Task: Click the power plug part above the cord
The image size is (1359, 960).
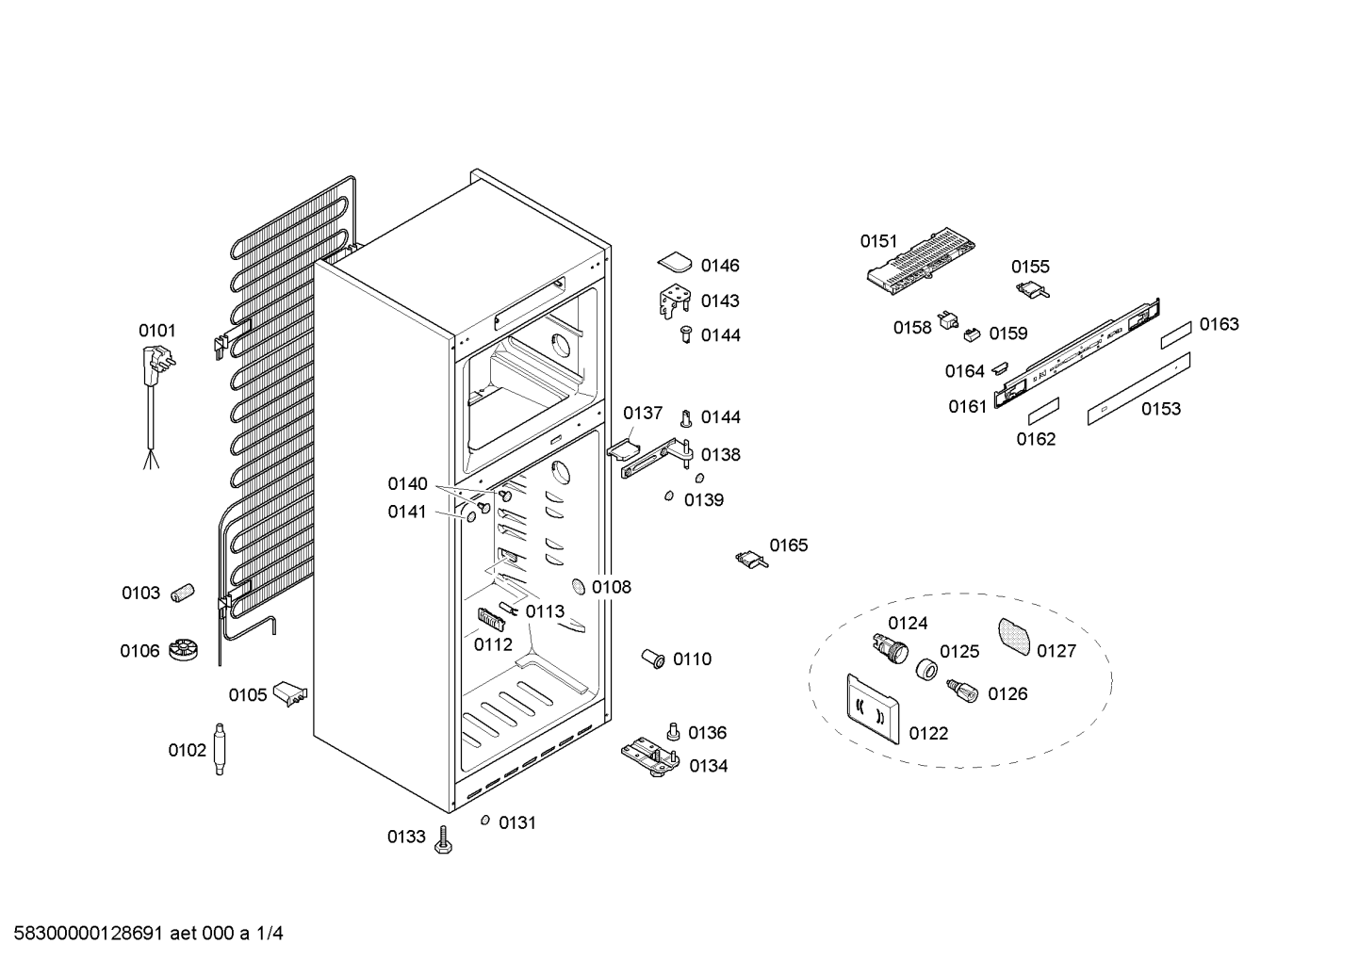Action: click(x=156, y=364)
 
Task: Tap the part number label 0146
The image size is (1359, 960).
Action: click(x=720, y=266)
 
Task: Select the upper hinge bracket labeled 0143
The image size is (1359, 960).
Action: click(x=675, y=301)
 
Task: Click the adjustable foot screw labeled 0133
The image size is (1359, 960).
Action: click(x=444, y=840)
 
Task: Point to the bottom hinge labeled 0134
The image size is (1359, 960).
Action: click(x=650, y=757)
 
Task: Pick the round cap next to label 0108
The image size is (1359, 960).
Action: click(x=578, y=586)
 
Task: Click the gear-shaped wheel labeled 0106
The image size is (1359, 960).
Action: click(x=183, y=650)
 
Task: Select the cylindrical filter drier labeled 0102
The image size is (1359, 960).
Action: click(x=219, y=749)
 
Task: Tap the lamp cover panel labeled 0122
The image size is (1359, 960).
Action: click(x=873, y=708)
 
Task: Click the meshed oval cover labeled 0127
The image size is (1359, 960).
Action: click(x=1014, y=637)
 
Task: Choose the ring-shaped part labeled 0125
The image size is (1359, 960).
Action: click(x=926, y=670)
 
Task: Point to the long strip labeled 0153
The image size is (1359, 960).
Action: click(x=1138, y=389)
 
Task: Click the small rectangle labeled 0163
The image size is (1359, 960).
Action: click(x=1176, y=336)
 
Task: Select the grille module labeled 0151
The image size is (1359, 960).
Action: click(x=921, y=261)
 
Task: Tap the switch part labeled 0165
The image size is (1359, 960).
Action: click(x=751, y=559)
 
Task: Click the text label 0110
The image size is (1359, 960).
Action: click(x=693, y=659)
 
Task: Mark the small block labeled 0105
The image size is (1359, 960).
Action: click(x=290, y=693)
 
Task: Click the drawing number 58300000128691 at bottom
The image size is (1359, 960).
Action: click(x=88, y=934)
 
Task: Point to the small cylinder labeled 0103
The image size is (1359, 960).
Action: click(x=181, y=593)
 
